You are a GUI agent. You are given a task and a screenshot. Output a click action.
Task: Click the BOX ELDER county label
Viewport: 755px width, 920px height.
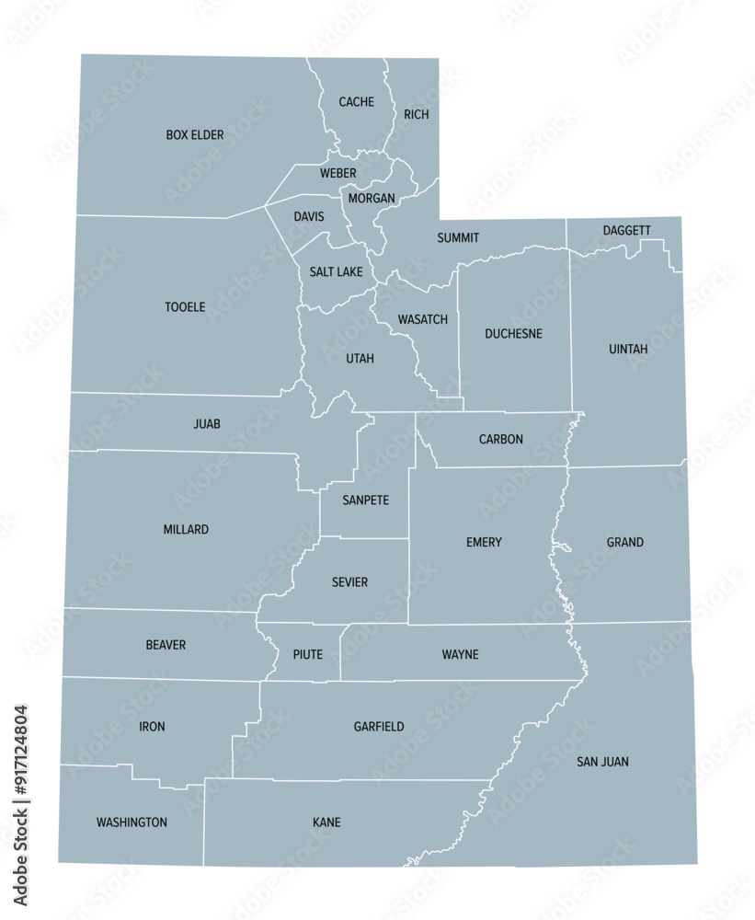[195, 135]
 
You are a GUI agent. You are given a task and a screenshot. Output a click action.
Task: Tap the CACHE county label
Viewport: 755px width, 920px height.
[356, 102]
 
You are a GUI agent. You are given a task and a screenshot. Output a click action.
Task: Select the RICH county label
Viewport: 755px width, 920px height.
[416, 115]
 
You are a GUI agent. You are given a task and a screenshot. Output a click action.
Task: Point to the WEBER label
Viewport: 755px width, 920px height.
[337, 173]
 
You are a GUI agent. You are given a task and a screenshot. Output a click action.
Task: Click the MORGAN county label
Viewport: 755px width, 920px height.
[372, 198]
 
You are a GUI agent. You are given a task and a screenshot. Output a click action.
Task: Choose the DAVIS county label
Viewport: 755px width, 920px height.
[308, 217]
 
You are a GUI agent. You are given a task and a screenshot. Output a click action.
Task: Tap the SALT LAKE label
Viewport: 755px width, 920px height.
[336, 272]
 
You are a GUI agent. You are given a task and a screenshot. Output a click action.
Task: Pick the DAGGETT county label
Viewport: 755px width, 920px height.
[626, 230]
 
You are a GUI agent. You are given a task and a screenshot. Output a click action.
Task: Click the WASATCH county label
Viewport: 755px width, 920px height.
[422, 320]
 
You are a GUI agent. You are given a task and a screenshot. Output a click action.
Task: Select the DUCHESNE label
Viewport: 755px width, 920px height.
[513, 334]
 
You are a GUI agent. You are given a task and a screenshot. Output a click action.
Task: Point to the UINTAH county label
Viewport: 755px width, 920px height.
[628, 350]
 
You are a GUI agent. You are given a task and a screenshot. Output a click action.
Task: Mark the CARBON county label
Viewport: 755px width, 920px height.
[500, 440]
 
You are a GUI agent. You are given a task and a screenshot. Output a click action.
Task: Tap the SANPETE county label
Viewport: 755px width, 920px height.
[365, 500]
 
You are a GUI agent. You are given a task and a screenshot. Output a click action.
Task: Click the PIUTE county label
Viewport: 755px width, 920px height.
[307, 655]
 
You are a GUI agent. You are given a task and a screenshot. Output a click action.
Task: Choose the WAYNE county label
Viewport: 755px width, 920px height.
[460, 655]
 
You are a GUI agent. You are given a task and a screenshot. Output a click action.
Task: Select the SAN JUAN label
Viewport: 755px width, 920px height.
[602, 762]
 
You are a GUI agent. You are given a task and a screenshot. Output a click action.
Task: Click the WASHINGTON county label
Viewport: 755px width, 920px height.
[132, 822]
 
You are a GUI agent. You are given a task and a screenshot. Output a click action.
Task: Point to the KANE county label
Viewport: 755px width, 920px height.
[326, 822]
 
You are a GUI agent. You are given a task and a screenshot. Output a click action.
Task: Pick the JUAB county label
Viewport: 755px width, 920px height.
[207, 424]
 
